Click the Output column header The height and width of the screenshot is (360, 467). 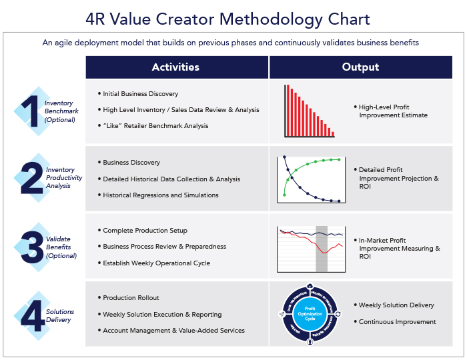360,67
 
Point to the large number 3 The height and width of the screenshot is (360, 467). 31,247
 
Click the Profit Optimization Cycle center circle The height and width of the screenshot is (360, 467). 310,313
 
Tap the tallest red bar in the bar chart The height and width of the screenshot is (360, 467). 286,111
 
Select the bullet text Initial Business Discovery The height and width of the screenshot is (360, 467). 140,94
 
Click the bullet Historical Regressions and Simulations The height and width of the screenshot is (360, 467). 160,195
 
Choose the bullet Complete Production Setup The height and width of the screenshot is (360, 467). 145,231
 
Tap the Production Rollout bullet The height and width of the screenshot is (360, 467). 131,298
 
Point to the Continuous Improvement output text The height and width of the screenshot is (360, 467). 397,322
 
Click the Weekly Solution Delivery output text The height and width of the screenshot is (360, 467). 396,305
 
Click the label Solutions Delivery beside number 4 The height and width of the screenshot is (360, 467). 60,316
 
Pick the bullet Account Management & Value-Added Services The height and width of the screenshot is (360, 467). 173,331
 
